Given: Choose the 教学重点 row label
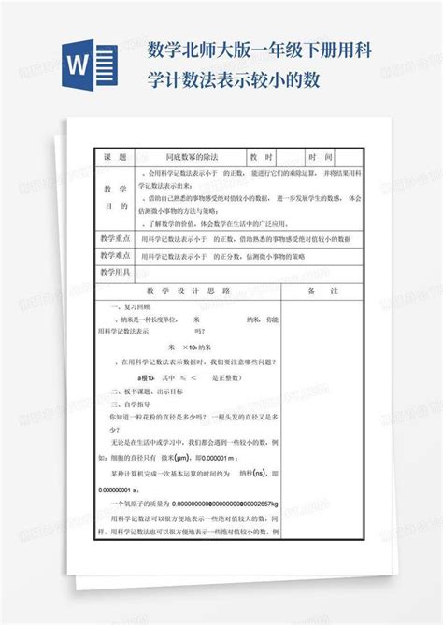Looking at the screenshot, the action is tap(116, 238).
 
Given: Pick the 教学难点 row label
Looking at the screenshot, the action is tap(116, 255).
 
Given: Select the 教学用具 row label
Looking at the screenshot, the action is tap(116, 272).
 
